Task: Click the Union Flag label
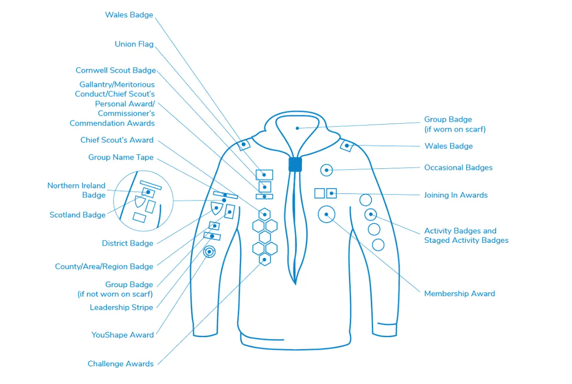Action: (x=134, y=44)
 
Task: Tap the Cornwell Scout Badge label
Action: (x=115, y=71)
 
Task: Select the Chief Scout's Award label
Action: (x=117, y=140)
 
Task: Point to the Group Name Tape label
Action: (x=121, y=158)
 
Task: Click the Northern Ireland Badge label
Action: (x=76, y=190)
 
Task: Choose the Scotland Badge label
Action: (x=77, y=215)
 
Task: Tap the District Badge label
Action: (x=128, y=243)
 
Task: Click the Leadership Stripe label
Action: (x=121, y=308)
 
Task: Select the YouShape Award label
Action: (x=123, y=335)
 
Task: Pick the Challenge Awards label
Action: (x=120, y=364)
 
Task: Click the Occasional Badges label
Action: (x=458, y=168)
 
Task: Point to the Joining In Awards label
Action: (x=456, y=195)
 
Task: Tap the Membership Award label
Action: (x=459, y=294)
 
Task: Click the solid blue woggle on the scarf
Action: (x=295, y=165)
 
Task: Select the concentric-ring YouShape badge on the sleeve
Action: (x=210, y=252)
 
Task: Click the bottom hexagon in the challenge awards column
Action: (x=265, y=260)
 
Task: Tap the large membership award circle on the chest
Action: (x=326, y=215)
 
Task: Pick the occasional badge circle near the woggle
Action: (x=326, y=170)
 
